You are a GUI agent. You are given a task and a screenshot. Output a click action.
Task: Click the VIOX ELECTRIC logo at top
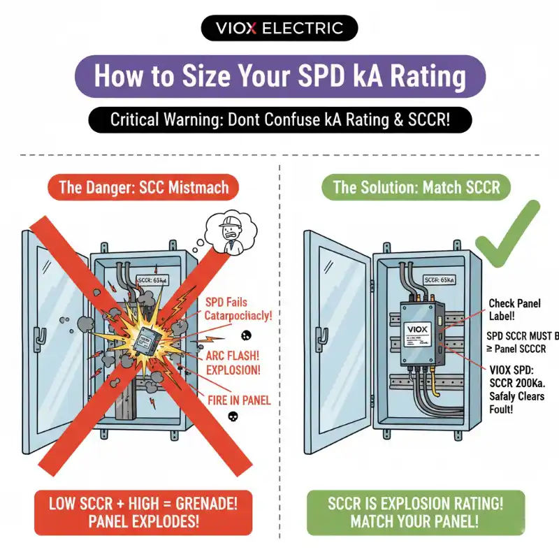tap(279, 29)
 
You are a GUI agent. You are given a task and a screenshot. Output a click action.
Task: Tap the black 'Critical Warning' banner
tap(279, 119)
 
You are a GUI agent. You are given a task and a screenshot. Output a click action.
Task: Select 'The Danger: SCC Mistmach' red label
tap(143, 187)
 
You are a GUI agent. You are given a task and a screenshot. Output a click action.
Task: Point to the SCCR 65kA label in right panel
tap(434, 277)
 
